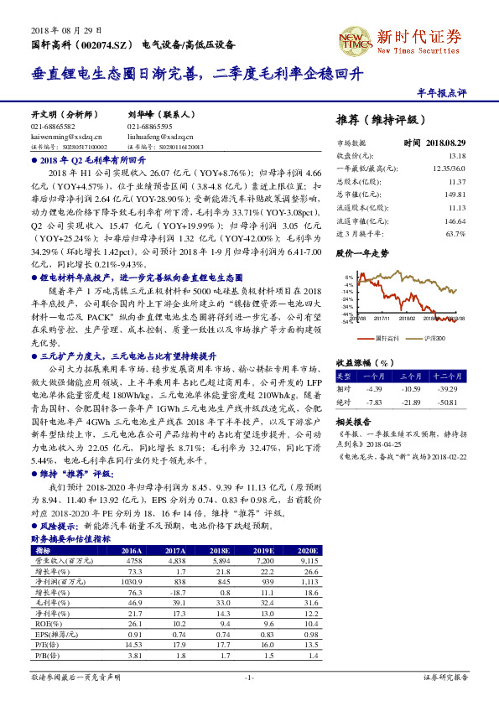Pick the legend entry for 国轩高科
tap(380, 337)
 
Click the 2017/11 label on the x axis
tap(357, 319)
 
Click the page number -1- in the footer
tap(249, 677)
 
